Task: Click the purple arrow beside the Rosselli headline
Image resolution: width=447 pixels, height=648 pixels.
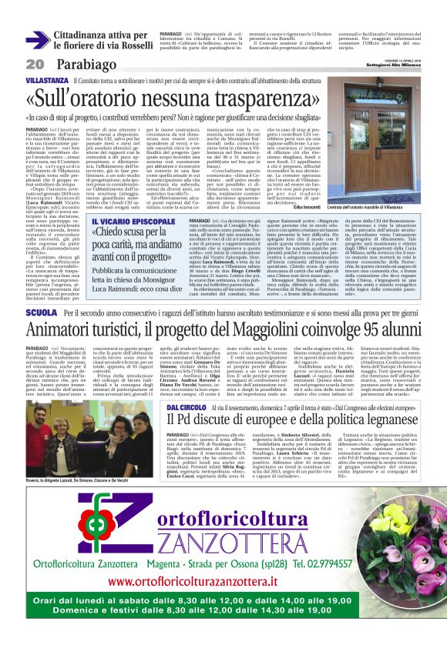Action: click(36, 35)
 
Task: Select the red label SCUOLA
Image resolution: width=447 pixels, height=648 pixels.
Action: click(41, 314)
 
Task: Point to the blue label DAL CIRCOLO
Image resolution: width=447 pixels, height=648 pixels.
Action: click(183, 406)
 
